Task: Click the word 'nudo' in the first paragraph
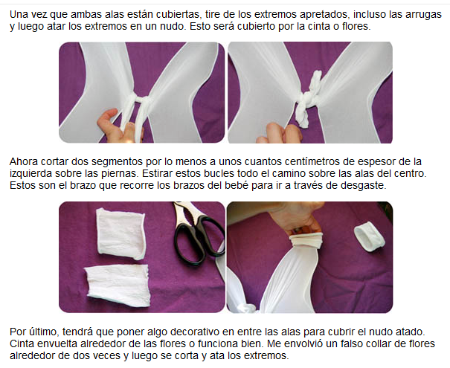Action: tap(172, 26)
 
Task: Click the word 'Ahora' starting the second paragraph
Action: tap(24, 162)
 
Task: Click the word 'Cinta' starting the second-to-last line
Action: tap(22, 343)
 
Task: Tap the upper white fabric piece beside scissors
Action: tap(120, 233)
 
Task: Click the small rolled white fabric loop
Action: tap(370, 238)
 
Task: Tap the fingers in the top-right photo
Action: tap(280, 133)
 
